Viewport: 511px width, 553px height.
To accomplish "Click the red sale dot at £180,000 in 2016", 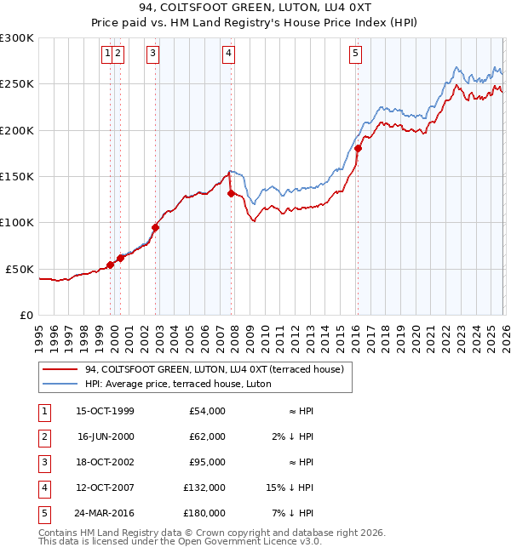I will click(x=358, y=149).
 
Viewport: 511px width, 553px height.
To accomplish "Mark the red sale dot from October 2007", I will click(x=231, y=193).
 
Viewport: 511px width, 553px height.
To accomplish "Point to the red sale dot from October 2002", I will click(x=156, y=227).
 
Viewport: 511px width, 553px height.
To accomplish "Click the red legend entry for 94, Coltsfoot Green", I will click(x=214, y=369).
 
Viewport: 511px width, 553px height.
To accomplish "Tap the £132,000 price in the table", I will click(x=205, y=487).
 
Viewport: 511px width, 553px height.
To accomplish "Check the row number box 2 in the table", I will click(x=42, y=436).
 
